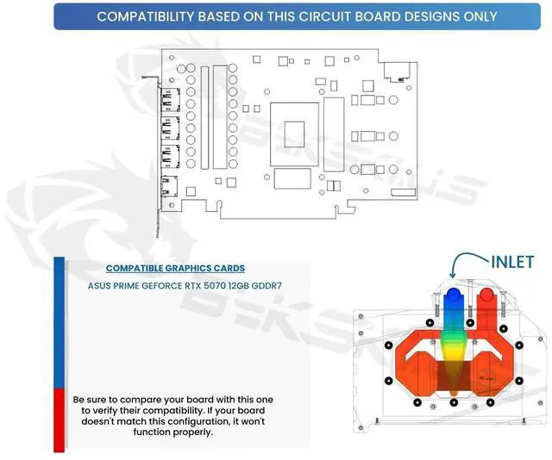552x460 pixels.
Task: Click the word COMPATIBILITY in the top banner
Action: coord(146,16)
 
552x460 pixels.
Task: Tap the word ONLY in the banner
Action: coord(480,16)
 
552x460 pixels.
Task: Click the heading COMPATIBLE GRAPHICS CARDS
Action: coord(175,268)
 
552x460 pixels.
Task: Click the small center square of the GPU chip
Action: coord(295,137)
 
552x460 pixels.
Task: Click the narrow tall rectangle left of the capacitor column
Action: coord(205,116)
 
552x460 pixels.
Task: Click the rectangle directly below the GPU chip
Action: coord(292,178)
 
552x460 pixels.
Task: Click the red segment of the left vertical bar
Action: coord(59,419)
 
